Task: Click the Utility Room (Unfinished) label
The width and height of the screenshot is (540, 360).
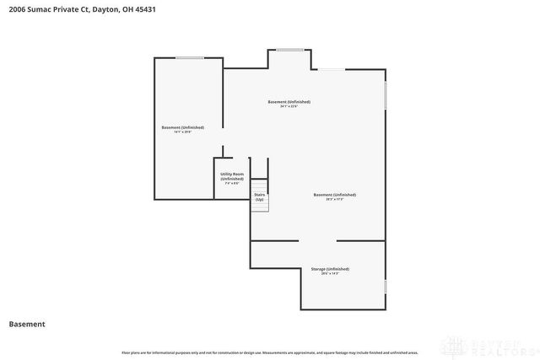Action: (x=232, y=176)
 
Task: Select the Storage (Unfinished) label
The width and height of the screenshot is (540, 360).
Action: (x=330, y=269)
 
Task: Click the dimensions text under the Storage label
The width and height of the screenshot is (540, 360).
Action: (x=330, y=273)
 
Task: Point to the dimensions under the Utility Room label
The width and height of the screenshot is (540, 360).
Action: (x=232, y=183)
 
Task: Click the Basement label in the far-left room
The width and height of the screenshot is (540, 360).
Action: (x=183, y=127)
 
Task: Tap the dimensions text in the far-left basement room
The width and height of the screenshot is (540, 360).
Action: (x=183, y=132)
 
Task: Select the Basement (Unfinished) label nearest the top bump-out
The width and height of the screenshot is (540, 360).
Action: (x=289, y=102)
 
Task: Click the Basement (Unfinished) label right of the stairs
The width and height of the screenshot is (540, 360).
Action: (x=334, y=195)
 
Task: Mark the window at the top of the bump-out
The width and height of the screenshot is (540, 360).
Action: (x=290, y=50)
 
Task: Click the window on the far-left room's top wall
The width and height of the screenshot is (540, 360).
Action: (x=190, y=57)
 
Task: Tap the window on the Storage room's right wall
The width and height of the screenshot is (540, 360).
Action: (x=386, y=287)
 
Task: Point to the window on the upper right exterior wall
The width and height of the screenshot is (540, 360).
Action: (x=386, y=95)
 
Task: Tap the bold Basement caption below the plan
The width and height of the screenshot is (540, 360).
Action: (x=27, y=324)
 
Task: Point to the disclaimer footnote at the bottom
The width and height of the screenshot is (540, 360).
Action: (x=269, y=351)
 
